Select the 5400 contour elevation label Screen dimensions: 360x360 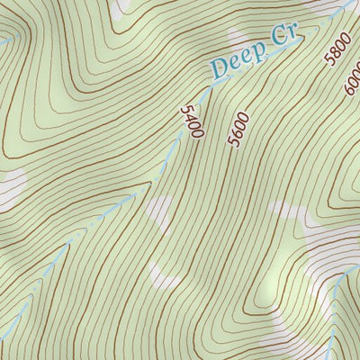pyautogui.click(x=192, y=121)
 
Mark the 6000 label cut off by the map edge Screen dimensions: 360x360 pyautogui.click(x=352, y=82)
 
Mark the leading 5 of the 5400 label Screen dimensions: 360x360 pyautogui.click(x=186, y=109)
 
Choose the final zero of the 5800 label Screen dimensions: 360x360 pyautogui.click(x=340, y=38)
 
